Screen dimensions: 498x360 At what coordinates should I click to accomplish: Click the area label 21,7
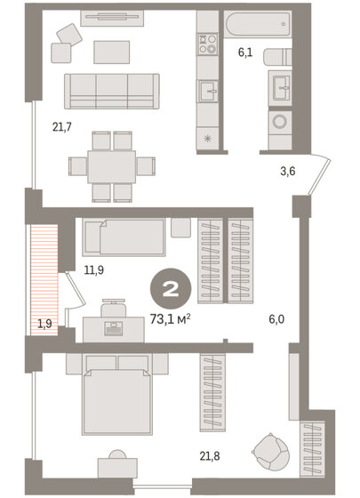[61, 127]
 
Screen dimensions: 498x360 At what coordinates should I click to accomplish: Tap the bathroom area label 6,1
[246, 53]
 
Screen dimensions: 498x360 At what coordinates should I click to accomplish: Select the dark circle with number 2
[166, 289]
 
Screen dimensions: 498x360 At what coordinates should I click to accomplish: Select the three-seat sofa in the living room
[111, 89]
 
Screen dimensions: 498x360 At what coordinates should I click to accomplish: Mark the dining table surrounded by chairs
[112, 165]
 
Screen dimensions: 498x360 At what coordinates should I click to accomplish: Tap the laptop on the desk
[113, 328]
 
